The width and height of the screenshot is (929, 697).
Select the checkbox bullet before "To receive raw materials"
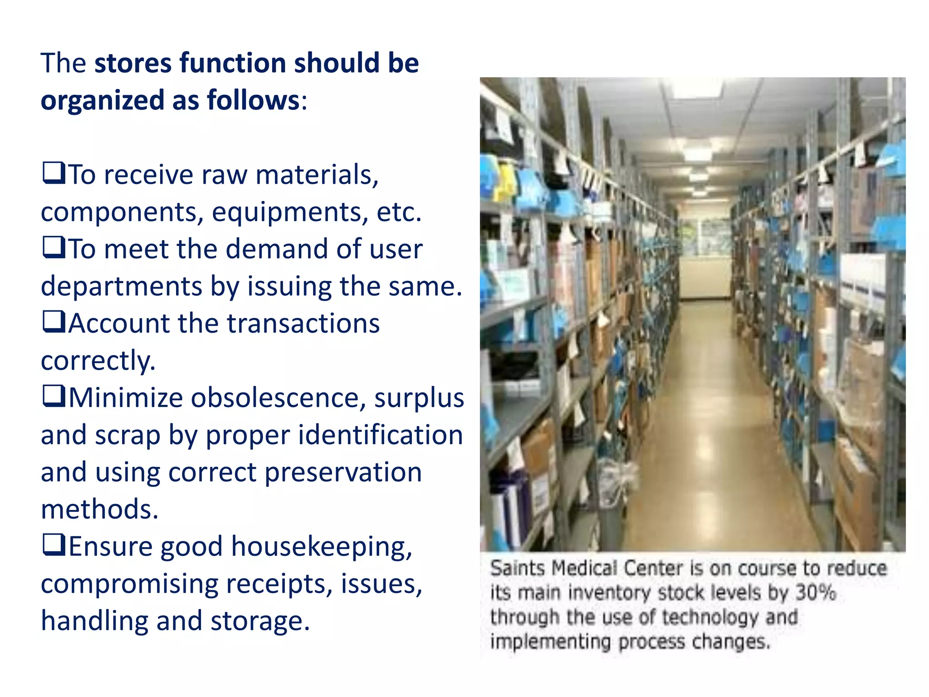point(54,174)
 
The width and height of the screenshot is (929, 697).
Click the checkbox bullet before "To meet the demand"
point(54,248)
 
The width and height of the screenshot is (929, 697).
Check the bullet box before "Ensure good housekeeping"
point(54,545)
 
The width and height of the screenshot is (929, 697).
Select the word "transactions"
point(303,324)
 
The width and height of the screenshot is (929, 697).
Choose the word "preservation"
point(343,472)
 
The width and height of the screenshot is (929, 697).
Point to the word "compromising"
point(129,584)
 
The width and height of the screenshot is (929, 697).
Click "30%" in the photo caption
point(816,593)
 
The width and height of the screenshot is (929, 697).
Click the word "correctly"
point(98,361)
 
